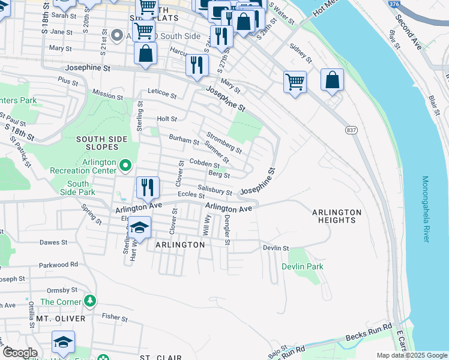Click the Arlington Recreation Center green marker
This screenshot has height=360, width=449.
point(125,164)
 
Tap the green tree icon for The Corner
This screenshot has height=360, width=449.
point(90,300)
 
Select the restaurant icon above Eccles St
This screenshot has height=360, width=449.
point(146,188)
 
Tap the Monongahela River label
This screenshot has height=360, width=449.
point(426,209)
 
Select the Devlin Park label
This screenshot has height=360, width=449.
point(303,266)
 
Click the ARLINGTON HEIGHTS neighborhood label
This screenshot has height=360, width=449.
point(336,216)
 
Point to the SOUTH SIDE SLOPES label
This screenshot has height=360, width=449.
point(101,143)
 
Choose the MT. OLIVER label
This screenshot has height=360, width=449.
point(61,319)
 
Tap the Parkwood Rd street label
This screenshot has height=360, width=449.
point(58,264)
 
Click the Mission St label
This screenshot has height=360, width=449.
point(108,94)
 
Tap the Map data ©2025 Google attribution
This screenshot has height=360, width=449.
point(411,355)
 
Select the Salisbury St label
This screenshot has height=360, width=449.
point(215,191)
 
